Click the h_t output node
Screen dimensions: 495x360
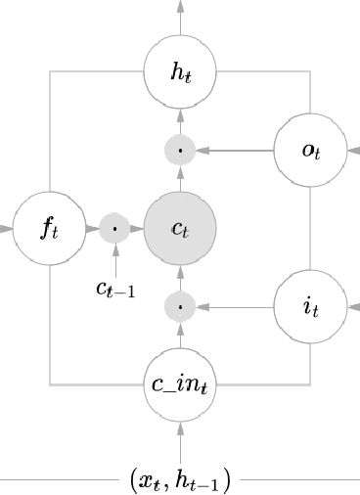pos(180,71)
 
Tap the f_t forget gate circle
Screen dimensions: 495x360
pos(49,229)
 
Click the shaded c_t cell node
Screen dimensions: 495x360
pos(180,229)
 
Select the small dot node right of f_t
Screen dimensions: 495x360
pos(114,229)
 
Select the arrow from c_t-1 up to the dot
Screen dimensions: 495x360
pos(114,259)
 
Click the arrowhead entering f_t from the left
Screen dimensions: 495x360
pos(7,229)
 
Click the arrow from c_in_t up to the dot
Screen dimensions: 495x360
pos(180,336)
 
